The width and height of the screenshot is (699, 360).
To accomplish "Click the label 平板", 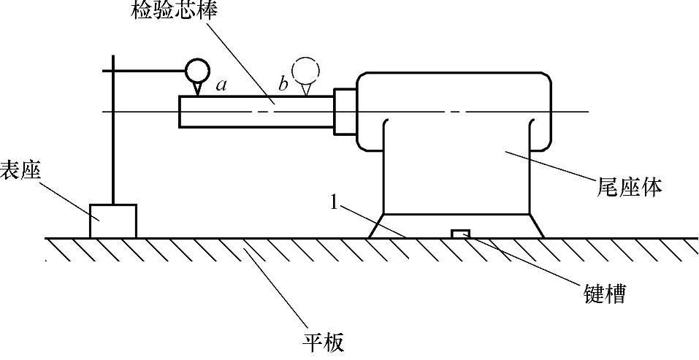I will pos(322,341).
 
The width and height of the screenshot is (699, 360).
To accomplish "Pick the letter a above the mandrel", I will pos(221,85).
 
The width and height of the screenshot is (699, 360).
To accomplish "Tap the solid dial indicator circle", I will pos(196,70).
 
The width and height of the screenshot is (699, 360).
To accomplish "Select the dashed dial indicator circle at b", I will pos(306,69).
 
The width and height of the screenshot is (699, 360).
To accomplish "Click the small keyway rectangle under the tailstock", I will pos(460,234).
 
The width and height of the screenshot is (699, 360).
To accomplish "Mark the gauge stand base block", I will pos(112,221).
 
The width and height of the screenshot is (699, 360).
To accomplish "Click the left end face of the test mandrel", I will pos(180,111).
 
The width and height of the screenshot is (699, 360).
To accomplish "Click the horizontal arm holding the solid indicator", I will pos(146,70).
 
